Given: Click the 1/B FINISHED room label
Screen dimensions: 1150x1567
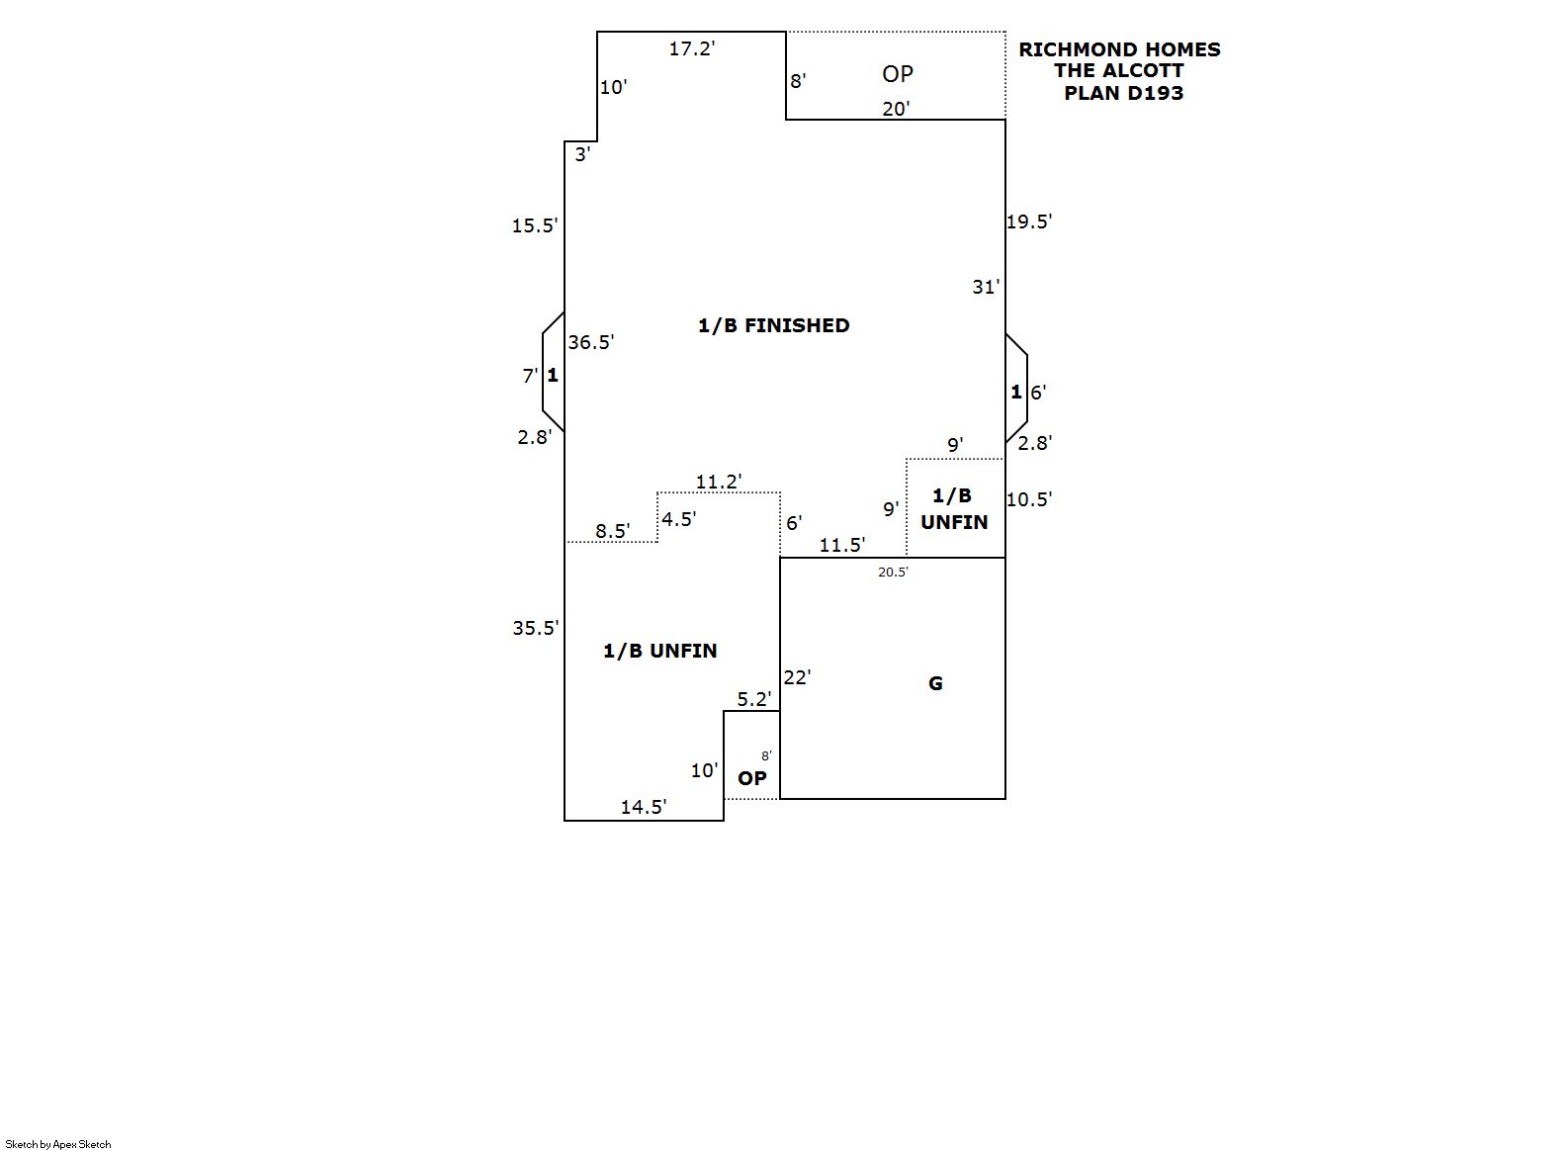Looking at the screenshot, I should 773,325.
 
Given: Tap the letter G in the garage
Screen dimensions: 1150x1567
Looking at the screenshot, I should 935,683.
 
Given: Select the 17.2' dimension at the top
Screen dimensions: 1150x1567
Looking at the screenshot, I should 691,48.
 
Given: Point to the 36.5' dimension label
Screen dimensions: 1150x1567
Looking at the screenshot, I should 590,342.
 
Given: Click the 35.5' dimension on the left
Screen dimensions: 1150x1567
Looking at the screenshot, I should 535,628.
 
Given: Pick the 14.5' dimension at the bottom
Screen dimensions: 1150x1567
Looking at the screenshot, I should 643,807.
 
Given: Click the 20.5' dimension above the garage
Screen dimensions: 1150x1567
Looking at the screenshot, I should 893,572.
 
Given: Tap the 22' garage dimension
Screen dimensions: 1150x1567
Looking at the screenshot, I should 797,677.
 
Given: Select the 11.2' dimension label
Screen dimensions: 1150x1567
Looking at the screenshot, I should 718,482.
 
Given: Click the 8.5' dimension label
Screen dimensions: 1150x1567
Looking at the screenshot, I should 612,531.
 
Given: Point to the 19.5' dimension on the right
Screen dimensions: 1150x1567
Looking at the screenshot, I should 1028,221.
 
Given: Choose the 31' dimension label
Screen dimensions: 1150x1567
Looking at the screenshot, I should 986,287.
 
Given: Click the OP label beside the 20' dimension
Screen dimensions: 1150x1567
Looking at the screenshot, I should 898,74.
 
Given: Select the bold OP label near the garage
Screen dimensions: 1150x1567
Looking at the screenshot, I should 751,778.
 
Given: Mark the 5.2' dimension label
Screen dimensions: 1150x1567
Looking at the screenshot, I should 753,699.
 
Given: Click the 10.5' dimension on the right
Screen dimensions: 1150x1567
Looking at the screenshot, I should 1028,499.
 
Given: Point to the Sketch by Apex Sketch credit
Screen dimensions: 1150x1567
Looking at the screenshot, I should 58,1144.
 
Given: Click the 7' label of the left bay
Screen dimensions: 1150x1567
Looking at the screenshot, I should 530,376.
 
